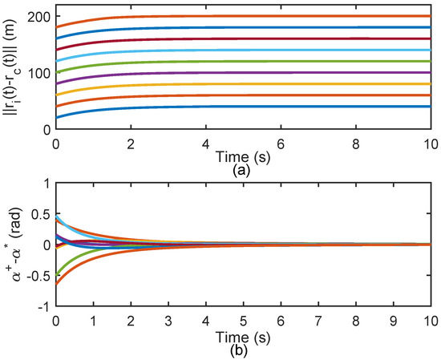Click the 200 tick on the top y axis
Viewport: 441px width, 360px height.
[36, 17]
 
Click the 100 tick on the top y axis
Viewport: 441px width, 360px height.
[36, 73]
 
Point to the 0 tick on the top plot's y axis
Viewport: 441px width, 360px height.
[44, 129]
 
